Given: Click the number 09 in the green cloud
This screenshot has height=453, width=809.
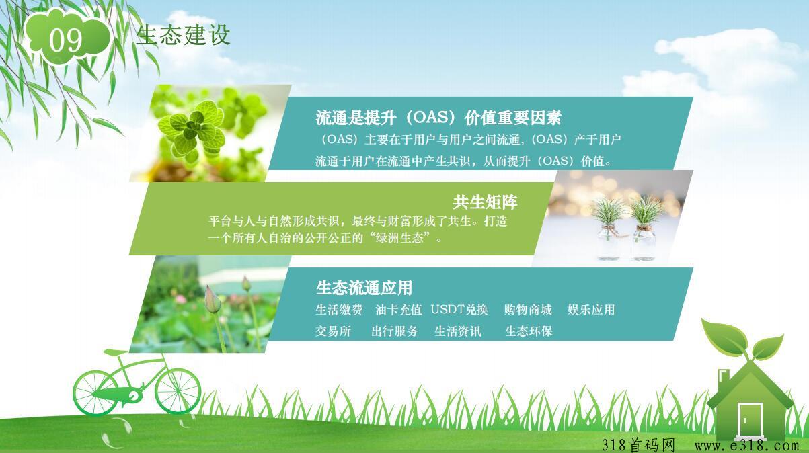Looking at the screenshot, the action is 66,40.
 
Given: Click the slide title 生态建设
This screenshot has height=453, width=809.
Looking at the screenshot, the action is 183,35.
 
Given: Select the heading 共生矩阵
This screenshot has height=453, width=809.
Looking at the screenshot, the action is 485,202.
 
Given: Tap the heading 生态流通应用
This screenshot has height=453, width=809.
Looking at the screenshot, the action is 364,288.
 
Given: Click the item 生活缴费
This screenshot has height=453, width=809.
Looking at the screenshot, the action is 339,310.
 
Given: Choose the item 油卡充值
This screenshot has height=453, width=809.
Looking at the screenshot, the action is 398,310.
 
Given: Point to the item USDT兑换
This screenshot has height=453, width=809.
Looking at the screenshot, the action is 459,310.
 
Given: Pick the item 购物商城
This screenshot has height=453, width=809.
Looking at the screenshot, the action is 528,310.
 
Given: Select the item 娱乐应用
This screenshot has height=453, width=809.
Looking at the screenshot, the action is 591,310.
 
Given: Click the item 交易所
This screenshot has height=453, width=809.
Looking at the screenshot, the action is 333,331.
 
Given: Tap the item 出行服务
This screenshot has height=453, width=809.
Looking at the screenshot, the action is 395,331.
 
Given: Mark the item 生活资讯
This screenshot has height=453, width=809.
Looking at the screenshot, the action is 458,331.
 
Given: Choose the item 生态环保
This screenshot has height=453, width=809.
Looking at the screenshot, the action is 529,331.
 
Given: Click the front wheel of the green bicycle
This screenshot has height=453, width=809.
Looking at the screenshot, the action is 178,392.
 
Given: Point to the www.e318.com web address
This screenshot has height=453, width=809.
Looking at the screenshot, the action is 746,445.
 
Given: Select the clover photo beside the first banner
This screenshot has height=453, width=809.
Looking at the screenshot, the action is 210,133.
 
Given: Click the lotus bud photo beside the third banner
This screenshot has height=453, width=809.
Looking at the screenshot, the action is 210,304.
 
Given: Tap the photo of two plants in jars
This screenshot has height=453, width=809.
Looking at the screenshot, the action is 612,218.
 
